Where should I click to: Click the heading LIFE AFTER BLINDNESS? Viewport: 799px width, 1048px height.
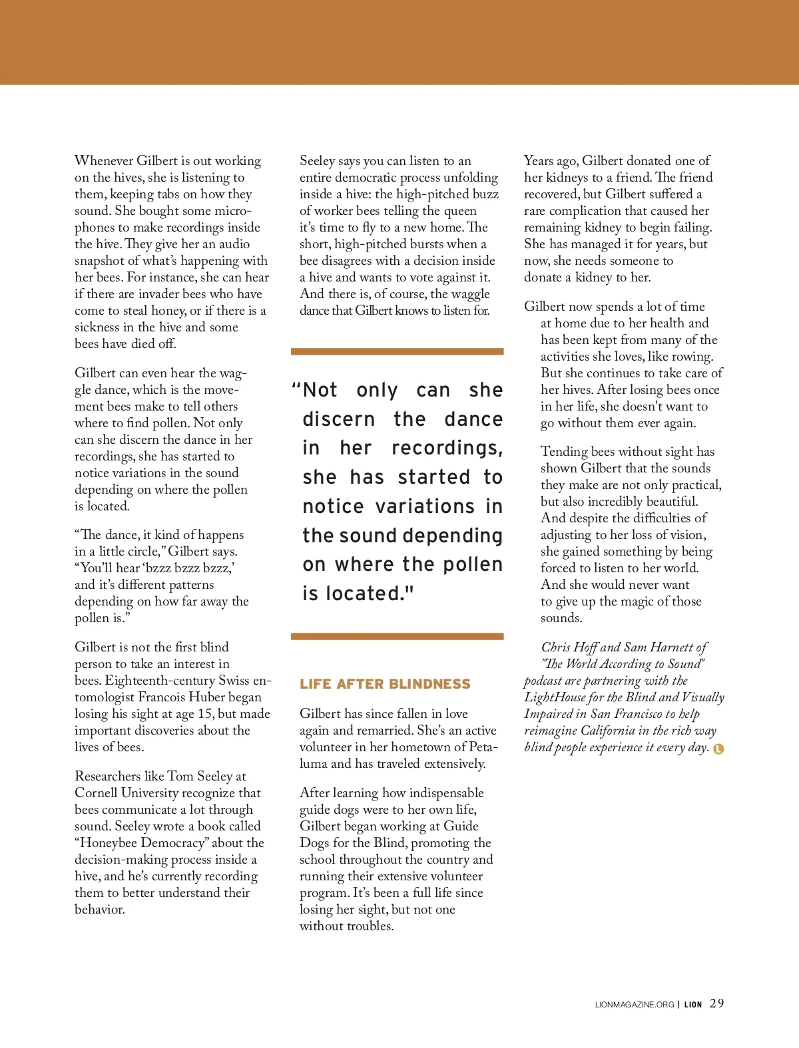coord(385,684)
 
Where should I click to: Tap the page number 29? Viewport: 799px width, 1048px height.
coord(716,1003)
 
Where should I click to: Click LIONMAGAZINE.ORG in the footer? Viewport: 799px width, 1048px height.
coord(635,1005)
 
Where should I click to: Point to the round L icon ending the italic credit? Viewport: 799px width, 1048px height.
coord(718,749)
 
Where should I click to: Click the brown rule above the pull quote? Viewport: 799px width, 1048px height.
coord(397,351)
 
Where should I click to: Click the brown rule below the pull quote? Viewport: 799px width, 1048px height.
coord(397,637)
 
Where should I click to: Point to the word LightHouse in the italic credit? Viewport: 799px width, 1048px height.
coord(555,697)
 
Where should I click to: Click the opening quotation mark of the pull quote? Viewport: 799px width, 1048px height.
coord(296,388)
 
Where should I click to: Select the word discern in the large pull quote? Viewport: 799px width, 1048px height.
coord(338,419)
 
